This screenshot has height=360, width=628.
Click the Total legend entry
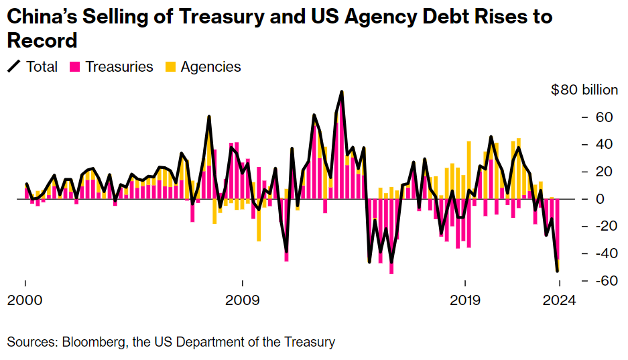click(x=42, y=66)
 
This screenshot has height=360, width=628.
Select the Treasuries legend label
click(x=119, y=66)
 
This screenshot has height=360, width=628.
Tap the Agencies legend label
click(x=210, y=66)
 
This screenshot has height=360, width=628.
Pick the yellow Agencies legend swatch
click(x=170, y=66)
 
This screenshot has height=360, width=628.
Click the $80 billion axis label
click(x=585, y=91)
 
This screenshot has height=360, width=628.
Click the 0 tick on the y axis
click(x=601, y=199)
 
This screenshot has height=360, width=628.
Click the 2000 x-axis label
click(x=25, y=300)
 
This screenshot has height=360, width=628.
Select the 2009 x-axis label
click(x=243, y=300)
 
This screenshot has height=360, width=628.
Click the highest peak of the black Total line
click(x=342, y=92)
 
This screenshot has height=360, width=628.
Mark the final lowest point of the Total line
click(x=558, y=271)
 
